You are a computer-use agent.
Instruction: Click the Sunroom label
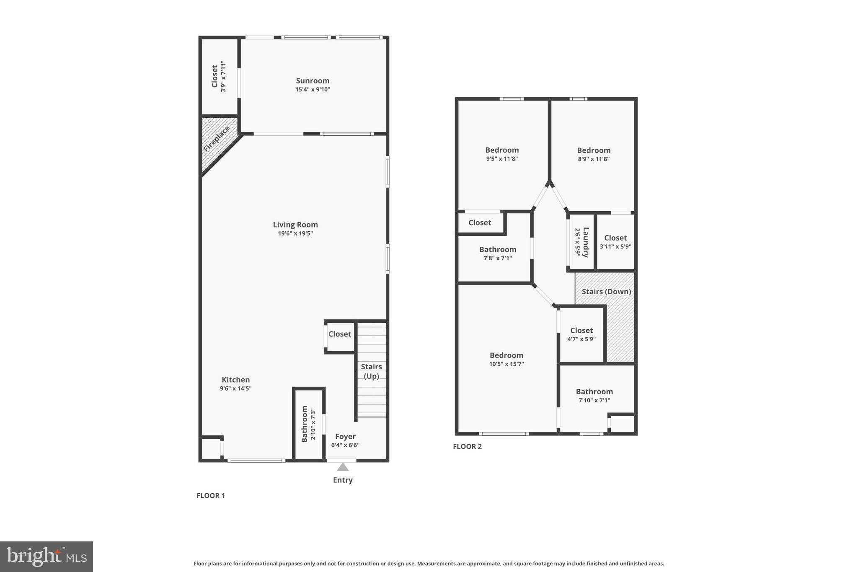(313, 81)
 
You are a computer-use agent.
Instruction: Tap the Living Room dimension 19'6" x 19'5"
(295, 233)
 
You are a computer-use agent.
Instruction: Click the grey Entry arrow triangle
(343, 467)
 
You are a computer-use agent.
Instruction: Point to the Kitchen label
(235, 380)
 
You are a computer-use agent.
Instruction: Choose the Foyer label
(345, 436)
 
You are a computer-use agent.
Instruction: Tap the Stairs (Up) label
(371, 371)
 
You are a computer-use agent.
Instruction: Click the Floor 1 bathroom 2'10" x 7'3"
(308, 423)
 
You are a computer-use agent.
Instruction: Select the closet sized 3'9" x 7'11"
(219, 76)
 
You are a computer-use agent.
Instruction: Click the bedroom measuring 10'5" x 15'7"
(507, 359)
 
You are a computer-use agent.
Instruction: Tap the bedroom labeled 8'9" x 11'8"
(593, 154)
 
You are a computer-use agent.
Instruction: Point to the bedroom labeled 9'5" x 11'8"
(502, 154)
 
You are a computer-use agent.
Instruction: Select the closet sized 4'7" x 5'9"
(581, 334)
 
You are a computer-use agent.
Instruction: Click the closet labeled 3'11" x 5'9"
(615, 242)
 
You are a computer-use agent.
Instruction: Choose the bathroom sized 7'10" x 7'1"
(594, 396)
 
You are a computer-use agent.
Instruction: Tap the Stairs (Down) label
(606, 292)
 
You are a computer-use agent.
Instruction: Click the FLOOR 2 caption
(467, 446)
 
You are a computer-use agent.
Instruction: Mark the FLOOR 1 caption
(211, 495)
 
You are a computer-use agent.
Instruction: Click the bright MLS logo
(47, 556)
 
